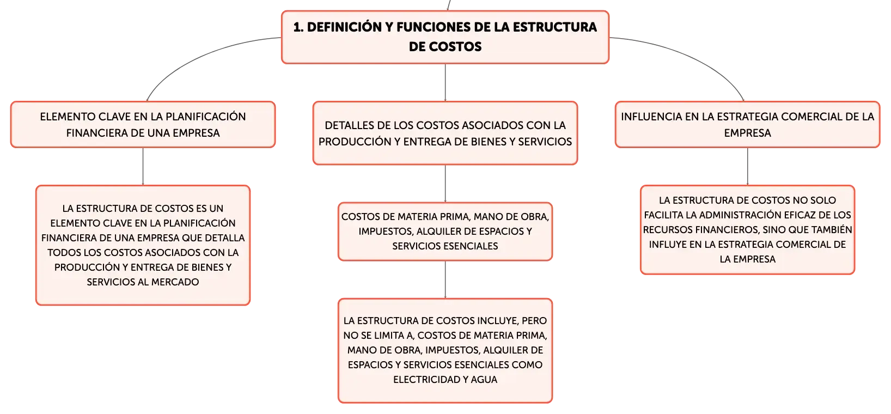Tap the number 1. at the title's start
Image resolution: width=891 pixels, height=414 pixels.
point(298,27)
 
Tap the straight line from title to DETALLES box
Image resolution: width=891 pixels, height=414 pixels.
point(445,83)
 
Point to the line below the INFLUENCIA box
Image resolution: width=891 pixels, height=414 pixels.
point(747,167)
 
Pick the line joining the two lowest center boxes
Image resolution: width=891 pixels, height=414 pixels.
point(445,279)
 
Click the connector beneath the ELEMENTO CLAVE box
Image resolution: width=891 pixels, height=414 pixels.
point(143,167)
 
